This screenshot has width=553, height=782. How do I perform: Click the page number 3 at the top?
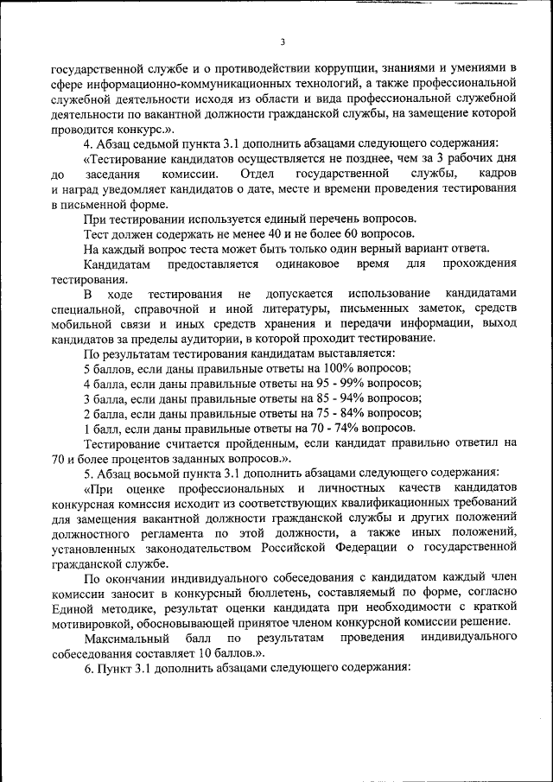282,43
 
